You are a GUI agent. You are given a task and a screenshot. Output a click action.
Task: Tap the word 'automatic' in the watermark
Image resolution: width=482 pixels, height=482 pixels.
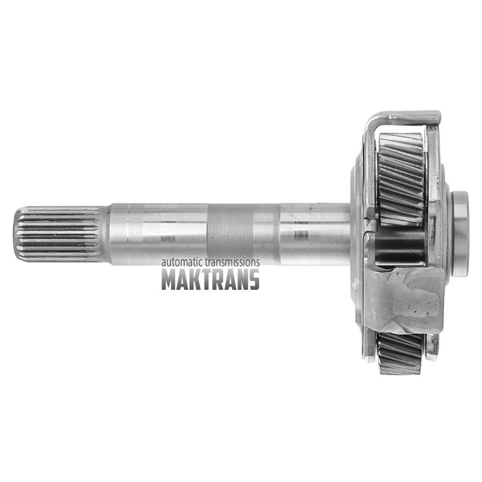point(180,262)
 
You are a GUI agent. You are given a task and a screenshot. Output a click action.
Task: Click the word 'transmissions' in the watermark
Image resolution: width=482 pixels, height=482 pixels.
point(231,262)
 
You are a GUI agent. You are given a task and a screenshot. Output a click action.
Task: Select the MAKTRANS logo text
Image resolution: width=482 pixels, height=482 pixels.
point(210,280)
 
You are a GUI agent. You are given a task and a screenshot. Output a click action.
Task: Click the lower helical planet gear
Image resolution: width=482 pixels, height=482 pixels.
point(400,354)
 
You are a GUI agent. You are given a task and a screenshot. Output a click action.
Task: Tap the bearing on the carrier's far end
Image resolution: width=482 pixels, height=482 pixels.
point(459,234)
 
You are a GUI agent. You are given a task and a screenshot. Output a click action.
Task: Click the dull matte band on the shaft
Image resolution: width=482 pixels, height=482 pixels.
point(230,234)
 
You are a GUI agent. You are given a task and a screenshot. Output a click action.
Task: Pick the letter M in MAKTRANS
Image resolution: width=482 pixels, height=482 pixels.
point(170,280)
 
